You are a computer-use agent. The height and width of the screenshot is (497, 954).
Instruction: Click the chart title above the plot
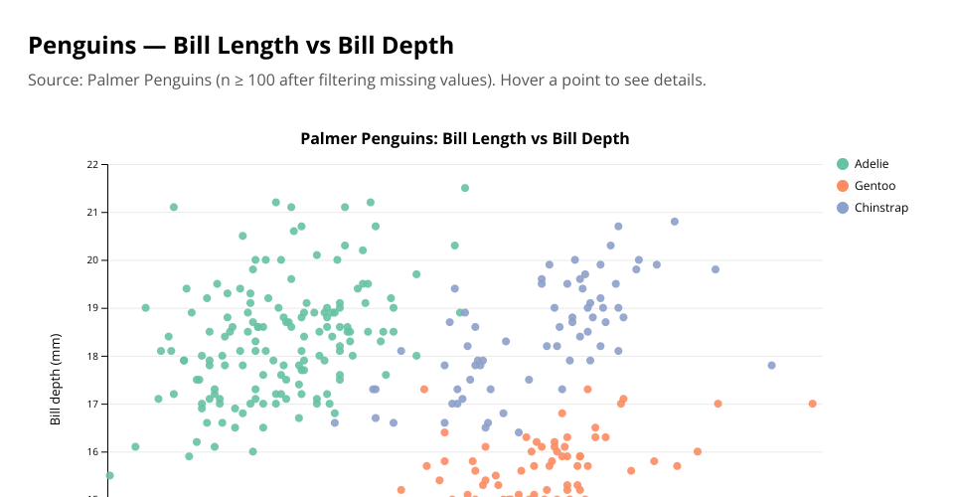464,138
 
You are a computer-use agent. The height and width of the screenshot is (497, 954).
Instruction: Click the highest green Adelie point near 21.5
464,188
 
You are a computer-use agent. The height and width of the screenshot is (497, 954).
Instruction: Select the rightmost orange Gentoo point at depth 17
812,404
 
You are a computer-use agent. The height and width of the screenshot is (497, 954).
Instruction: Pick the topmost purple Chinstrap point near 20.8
674,222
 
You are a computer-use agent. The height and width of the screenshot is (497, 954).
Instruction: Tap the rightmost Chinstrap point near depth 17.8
771,366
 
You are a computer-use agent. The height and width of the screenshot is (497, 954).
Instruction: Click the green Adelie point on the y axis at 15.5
109,475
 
